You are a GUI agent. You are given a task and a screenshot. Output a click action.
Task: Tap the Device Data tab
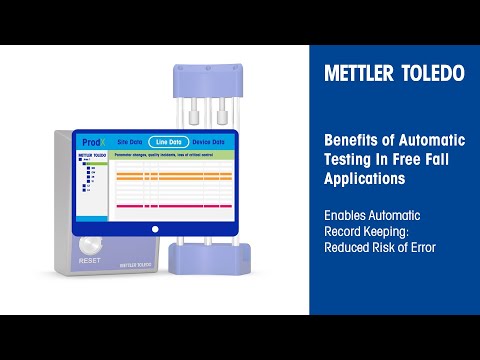211,142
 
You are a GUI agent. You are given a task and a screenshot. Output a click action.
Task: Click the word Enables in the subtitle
346,216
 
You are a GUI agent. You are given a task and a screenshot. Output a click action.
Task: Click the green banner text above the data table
170,155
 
